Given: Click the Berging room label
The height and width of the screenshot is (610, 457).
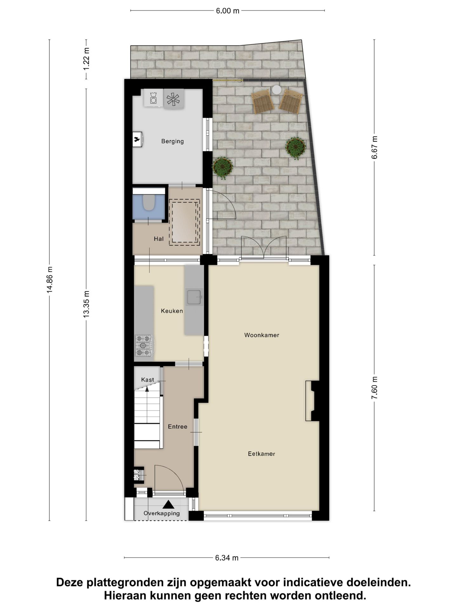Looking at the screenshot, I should click(172, 141).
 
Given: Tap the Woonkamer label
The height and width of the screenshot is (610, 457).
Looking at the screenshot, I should click(262, 335).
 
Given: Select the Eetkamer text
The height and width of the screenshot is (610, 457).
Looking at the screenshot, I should click(261, 454).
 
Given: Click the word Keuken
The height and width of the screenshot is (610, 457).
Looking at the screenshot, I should click(172, 311).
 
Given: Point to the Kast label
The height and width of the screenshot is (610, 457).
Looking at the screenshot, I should click(148, 379).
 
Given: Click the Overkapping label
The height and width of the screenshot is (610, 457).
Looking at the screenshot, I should click(162, 513).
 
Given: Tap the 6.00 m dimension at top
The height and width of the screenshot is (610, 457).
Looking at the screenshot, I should click(228, 11).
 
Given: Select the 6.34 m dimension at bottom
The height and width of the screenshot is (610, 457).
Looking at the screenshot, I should click(227, 558).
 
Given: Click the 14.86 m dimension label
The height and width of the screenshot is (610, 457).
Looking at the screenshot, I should click(50, 280).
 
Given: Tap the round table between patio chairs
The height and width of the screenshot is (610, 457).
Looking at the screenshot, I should click(276, 90).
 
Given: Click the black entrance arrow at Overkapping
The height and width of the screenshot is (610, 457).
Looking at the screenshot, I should click(169, 504).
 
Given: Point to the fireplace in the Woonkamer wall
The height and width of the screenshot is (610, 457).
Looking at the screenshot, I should click(313, 401).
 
